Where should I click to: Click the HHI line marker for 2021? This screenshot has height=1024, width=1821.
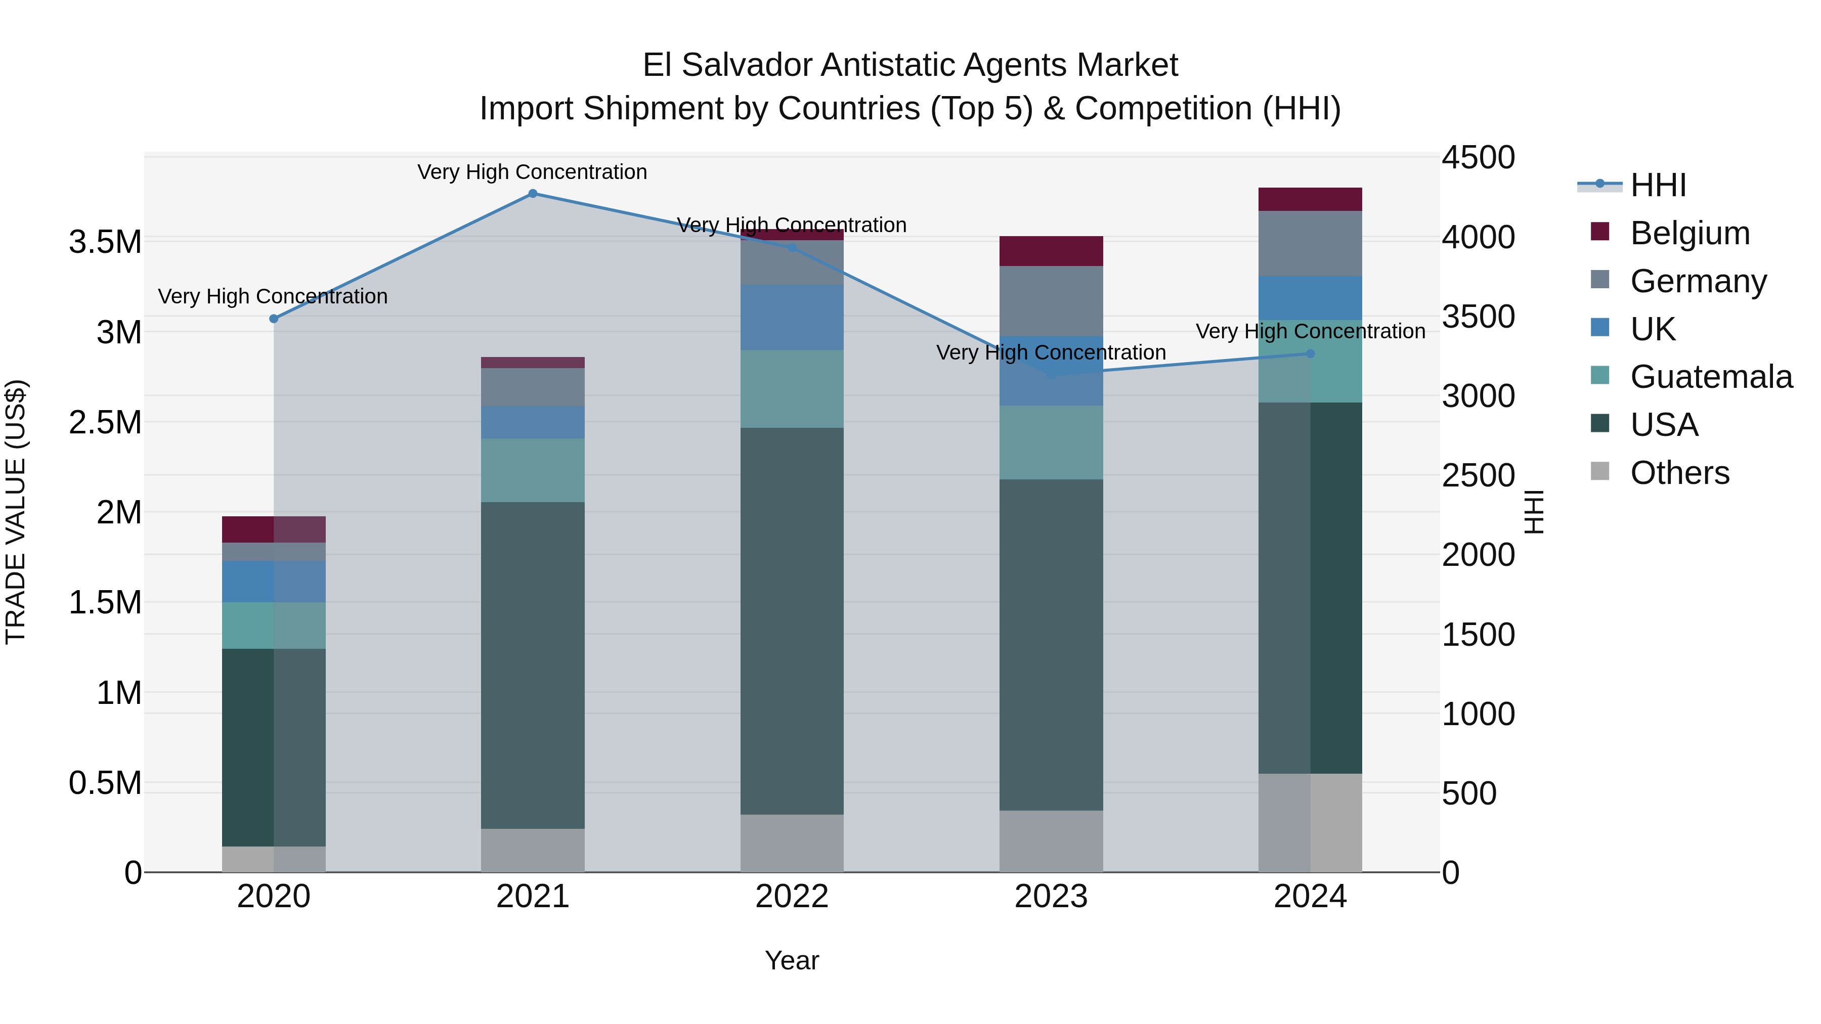coord(533,194)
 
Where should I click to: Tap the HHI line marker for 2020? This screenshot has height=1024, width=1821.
coord(274,319)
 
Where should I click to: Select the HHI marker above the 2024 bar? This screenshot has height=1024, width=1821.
coord(1310,353)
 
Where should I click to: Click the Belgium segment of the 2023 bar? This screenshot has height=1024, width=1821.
coord(1051,251)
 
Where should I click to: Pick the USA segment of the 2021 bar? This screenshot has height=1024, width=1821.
coord(533,664)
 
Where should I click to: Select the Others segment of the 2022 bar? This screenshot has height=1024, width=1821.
coord(792,842)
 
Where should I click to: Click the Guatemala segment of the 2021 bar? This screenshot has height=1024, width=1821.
coord(533,470)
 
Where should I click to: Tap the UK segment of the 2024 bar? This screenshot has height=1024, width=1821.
coord(1310,297)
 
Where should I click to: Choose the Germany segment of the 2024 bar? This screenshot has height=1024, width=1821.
coord(1310,243)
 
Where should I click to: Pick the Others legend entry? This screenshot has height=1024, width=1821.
coord(1679,473)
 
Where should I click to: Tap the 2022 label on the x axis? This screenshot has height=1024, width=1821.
coord(792,897)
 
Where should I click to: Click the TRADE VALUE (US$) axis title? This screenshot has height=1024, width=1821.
coord(16,512)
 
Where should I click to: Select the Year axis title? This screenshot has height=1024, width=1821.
coord(792,960)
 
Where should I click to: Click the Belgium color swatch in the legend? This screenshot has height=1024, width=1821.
coord(1600,232)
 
